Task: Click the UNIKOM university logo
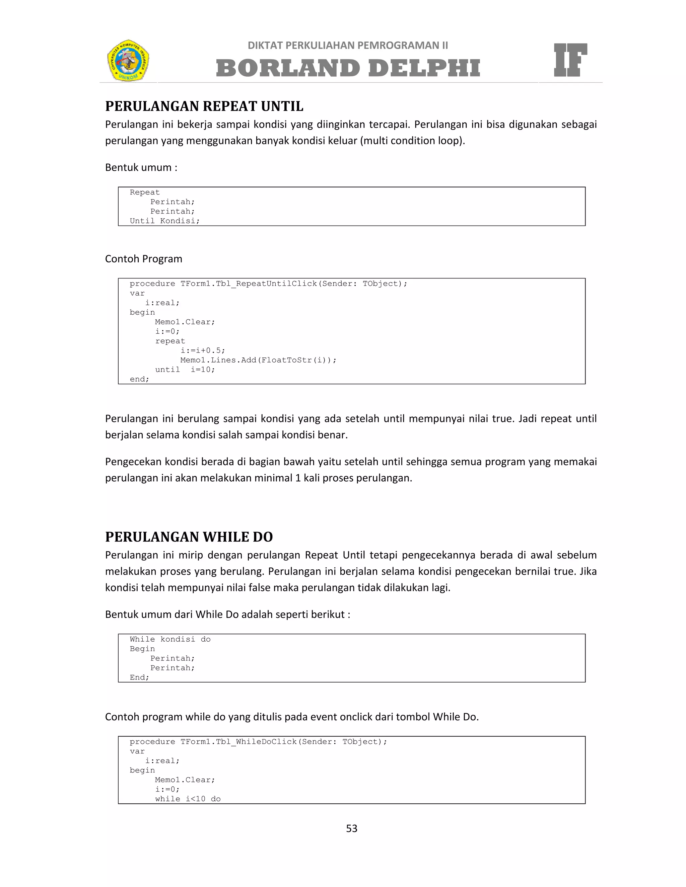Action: [x=128, y=60]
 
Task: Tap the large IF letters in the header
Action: [x=570, y=60]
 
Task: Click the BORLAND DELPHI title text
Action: [x=348, y=68]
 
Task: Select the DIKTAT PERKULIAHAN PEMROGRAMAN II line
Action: [x=348, y=46]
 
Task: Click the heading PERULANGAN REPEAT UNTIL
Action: [x=204, y=106]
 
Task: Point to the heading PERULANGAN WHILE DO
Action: [x=189, y=537]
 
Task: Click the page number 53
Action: [x=351, y=828]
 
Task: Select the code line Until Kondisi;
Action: [x=164, y=221]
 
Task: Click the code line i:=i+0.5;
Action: [x=202, y=350]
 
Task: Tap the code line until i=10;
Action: [x=185, y=370]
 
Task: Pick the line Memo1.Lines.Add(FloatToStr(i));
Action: [x=258, y=360]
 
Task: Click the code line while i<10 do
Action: [x=188, y=799]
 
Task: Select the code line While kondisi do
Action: [x=170, y=639]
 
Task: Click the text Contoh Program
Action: [x=143, y=259]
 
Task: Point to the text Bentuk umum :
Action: [x=141, y=167]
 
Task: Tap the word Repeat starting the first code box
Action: [x=145, y=192]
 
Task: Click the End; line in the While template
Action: [x=139, y=677]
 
